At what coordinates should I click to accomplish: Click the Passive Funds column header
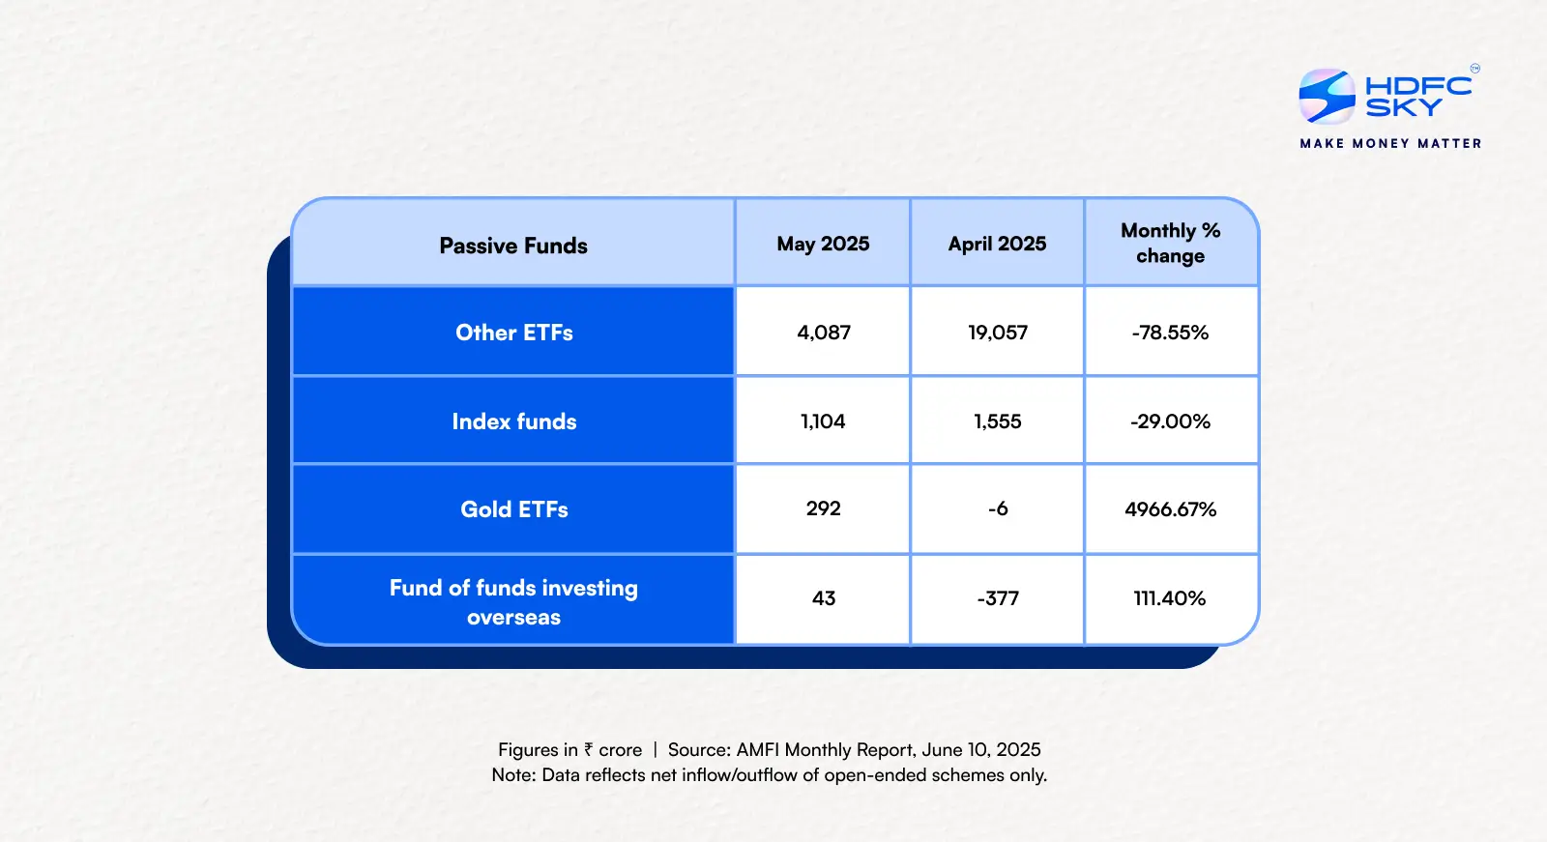[513, 246]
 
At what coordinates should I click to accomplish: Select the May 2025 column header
[823, 244]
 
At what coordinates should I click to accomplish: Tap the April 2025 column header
[997, 244]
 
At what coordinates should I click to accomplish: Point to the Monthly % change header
[1170, 243]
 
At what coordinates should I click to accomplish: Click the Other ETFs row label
[514, 333]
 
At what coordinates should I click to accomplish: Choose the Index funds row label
[514, 421]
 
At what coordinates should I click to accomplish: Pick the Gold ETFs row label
[514, 509]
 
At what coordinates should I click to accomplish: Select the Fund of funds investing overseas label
[513, 601]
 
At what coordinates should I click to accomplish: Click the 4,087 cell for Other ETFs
[824, 333]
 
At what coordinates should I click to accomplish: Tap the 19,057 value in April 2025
[998, 333]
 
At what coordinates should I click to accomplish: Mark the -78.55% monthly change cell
[1170, 333]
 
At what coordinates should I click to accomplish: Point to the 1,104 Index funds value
[823, 421]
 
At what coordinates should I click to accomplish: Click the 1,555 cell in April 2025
[998, 421]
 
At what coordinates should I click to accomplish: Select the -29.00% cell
[1170, 421]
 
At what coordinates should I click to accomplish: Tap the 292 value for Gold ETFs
[824, 508]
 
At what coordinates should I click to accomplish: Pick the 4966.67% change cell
[1170, 509]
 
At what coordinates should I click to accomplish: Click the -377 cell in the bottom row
[998, 598]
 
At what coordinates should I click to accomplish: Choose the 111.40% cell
[1170, 598]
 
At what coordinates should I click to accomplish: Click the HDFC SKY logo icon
[1327, 96]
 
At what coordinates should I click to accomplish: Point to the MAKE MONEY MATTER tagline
[1390, 143]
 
